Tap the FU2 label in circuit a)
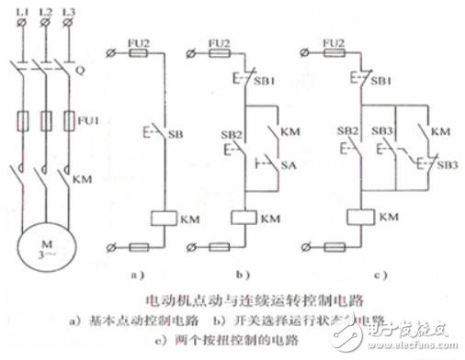pos(142,42)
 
